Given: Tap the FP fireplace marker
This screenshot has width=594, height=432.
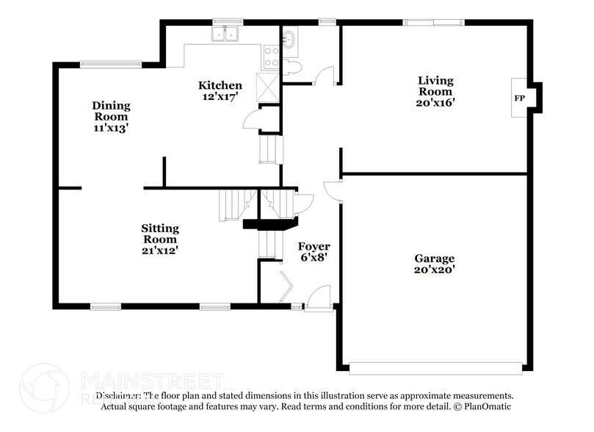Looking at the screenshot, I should click(x=519, y=98).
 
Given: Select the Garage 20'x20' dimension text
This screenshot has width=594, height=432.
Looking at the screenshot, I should click(x=434, y=270).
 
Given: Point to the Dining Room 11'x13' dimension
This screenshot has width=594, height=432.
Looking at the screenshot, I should click(x=111, y=127).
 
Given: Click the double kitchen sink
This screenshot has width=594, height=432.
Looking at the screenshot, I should click(x=226, y=34).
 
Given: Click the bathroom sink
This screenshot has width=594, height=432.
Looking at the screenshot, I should click(x=289, y=38).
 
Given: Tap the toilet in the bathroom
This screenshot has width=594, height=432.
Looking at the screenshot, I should click(x=291, y=68).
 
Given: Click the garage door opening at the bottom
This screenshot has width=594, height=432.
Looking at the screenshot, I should click(x=435, y=368).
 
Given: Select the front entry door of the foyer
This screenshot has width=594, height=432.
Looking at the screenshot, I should click(x=319, y=300).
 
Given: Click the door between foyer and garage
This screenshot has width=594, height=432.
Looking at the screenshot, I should click(x=334, y=190).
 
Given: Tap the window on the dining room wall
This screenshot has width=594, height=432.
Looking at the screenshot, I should click(x=111, y=64).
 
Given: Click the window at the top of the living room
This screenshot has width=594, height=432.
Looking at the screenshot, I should click(x=434, y=23).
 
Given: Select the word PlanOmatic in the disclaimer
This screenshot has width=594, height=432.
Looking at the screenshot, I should click(x=487, y=406).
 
